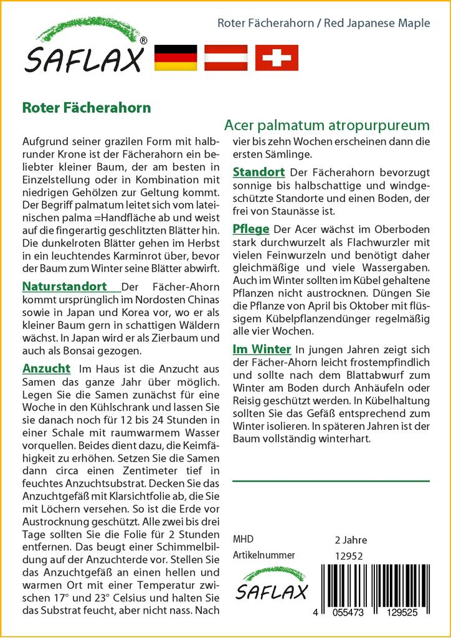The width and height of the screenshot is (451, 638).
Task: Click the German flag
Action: [175, 58]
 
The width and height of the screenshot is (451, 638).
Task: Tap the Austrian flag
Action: [226, 58]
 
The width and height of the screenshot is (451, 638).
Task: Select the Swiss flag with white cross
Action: [277, 58]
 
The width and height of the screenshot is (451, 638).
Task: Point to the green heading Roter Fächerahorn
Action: [87, 107]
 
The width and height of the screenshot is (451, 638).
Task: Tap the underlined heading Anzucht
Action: [46, 368]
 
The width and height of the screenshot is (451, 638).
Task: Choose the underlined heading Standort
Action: [259, 172]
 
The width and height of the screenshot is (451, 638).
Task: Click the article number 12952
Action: [349, 556]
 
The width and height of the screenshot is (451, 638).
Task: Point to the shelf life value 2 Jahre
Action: [351, 540]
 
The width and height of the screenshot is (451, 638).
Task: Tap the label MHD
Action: [243, 540]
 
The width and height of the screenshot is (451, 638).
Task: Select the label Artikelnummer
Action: [263, 556]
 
